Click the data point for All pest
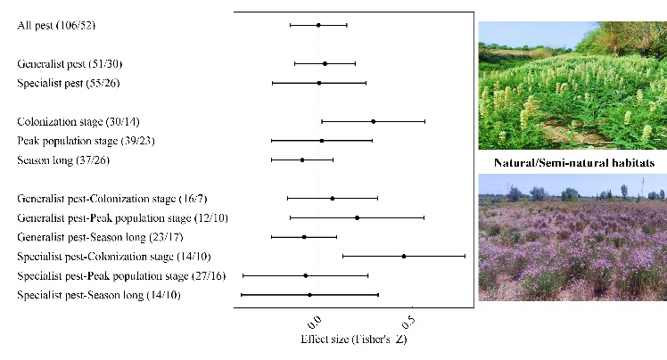318,25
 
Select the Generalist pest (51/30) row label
70,64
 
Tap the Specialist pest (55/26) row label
69,83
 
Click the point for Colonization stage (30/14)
373,121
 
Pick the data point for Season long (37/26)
302,160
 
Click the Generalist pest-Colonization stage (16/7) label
112,199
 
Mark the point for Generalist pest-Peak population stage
357,217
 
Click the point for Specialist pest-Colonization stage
404,257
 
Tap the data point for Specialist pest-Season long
309,294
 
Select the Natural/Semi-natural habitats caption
572,163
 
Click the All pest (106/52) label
57,25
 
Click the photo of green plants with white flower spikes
572,85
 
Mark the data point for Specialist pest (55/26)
319,83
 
